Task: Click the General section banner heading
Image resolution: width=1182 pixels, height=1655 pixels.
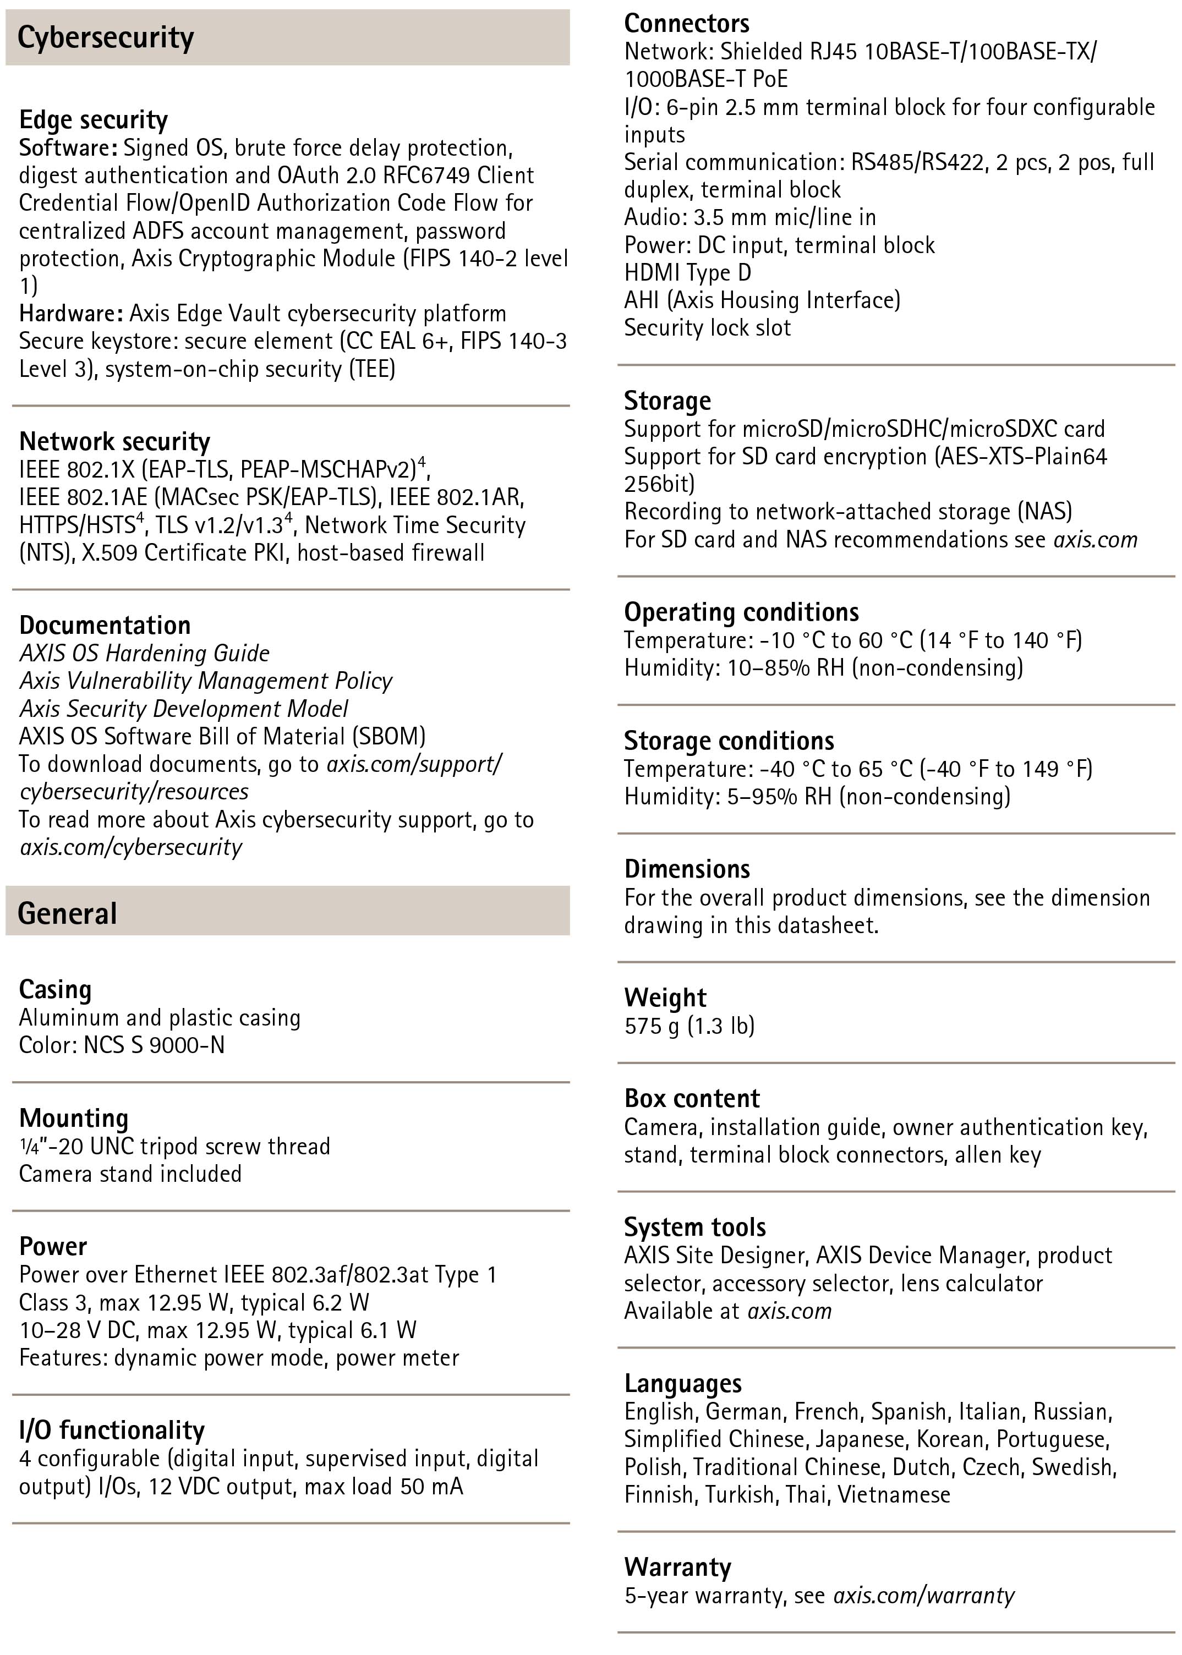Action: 67,913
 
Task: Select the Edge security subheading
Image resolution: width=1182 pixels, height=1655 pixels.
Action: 93,119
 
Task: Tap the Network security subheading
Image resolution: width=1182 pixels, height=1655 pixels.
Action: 114,441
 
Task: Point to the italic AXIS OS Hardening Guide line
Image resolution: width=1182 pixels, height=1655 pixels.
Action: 144,653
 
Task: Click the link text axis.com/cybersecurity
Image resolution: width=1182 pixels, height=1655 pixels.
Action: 131,847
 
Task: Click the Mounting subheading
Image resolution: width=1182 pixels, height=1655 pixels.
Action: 74,1118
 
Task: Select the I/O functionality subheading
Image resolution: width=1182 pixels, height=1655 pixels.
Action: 112,1430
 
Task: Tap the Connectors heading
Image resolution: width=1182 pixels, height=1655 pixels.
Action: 686,23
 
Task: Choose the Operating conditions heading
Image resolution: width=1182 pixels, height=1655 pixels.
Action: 741,612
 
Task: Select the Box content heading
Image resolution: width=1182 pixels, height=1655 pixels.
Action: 692,1098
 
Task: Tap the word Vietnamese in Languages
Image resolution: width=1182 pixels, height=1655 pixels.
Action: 894,1495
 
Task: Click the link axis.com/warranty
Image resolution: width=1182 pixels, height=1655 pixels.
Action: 923,1596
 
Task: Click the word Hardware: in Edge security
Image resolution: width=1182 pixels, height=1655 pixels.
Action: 70,313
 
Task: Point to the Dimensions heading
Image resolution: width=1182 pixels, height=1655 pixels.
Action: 687,869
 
